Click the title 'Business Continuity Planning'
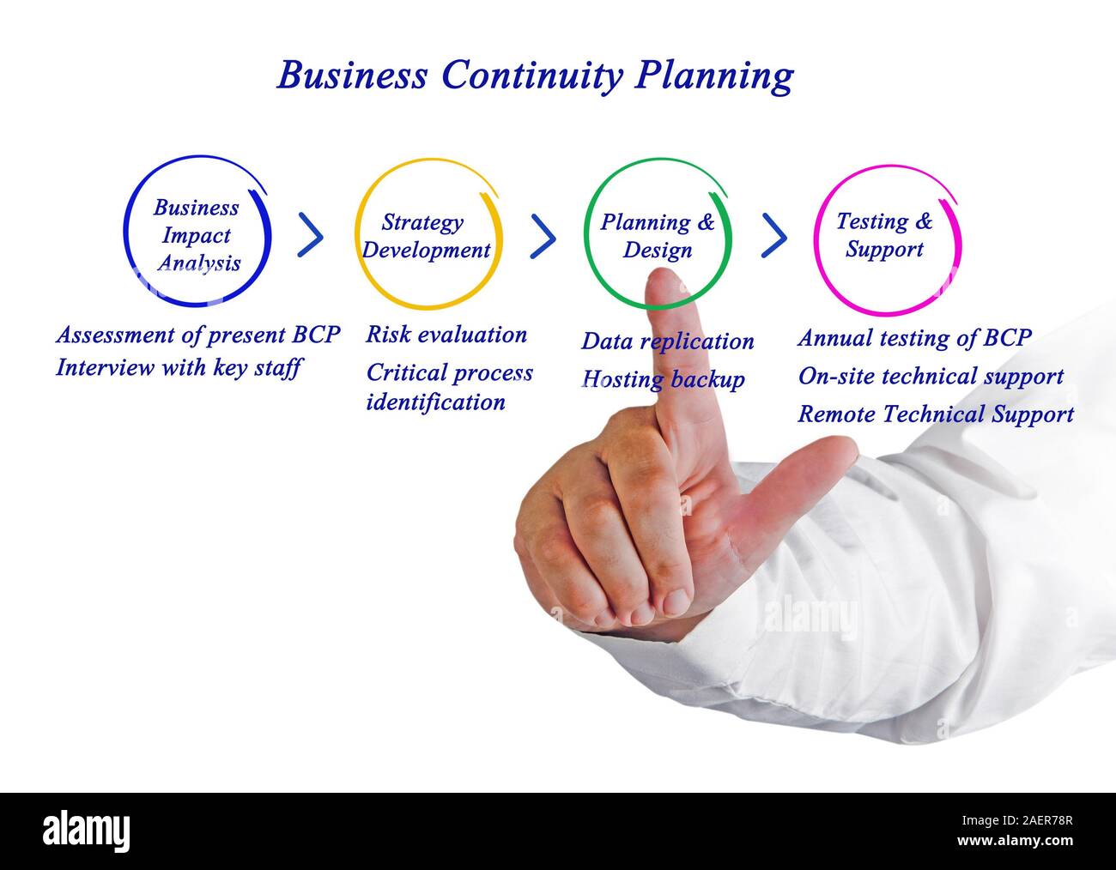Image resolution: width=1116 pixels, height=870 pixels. (x=534, y=76)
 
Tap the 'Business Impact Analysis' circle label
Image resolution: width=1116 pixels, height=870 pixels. (x=197, y=235)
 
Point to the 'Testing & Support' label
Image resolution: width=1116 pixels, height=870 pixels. (x=884, y=235)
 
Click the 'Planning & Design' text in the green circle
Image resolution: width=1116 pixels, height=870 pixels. (x=657, y=236)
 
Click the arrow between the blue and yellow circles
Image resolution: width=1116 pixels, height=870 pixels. (x=311, y=236)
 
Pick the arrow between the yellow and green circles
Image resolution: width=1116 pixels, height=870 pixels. (x=543, y=236)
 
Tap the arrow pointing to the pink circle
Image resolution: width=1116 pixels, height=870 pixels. (x=774, y=236)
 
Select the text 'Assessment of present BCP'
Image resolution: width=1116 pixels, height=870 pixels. (x=197, y=334)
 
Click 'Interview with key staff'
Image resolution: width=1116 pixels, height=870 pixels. (x=179, y=368)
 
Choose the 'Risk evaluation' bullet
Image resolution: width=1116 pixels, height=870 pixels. (x=446, y=334)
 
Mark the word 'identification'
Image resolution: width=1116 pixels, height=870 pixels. (x=435, y=402)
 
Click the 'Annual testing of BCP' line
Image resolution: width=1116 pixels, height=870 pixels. (x=914, y=337)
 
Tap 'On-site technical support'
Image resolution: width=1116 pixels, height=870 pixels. (x=931, y=376)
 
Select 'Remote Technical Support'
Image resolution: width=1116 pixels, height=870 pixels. (x=936, y=414)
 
